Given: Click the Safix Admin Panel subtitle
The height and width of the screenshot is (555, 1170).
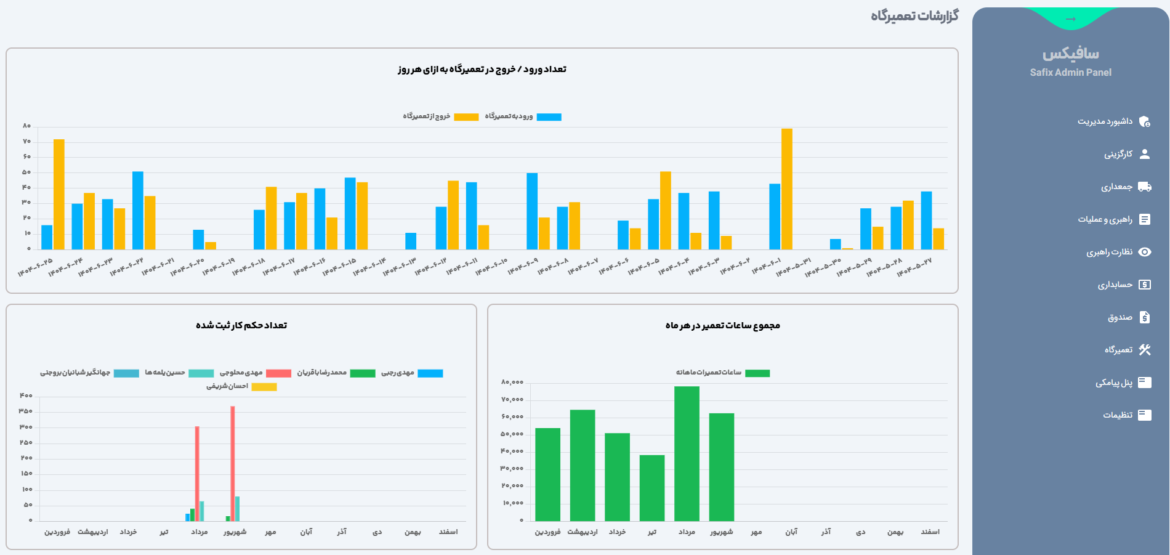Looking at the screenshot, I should coord(1070,73).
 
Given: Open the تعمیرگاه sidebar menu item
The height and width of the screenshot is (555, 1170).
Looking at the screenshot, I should coord(1118,350).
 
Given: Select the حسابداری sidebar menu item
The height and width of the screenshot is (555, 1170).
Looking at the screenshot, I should coord(1115,285).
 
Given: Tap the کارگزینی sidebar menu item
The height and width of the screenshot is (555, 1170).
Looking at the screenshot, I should coord(1118,154).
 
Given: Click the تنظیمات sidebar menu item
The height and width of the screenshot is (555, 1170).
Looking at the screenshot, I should coord(1118,415).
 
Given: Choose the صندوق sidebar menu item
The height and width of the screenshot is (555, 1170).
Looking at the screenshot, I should coord(1120,317).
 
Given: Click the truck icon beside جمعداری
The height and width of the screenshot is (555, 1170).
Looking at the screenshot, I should coord(1145,187).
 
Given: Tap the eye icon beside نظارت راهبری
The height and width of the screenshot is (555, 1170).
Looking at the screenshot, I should coord(1145,252).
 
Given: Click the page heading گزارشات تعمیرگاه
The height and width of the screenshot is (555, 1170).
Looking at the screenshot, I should coord(914,16).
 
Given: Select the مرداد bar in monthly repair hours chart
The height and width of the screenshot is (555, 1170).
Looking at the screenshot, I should coord(687,453).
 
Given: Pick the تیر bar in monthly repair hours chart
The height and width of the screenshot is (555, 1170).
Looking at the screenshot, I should coord(652,488).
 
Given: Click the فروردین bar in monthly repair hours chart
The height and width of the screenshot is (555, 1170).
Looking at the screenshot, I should coord(547,474).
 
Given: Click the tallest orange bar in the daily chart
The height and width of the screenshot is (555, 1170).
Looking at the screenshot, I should coord(786,188).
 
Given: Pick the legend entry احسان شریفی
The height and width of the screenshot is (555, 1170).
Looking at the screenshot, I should coord(241,387).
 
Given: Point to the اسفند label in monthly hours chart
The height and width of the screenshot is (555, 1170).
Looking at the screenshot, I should coord(930,532).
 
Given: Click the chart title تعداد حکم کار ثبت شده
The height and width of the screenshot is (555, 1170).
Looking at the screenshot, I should coord(241,325).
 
